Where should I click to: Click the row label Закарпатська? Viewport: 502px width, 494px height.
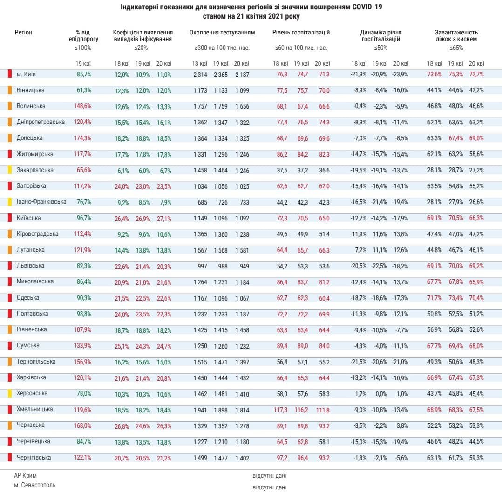[35, 170]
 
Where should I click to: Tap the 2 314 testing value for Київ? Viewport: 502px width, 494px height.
[200, 75]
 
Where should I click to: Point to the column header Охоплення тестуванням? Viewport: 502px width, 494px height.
[222, 33]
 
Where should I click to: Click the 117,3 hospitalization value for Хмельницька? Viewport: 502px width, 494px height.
[280, 410]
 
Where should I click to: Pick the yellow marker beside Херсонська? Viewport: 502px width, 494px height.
[9, 393]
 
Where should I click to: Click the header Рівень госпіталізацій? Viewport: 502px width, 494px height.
[301, 33]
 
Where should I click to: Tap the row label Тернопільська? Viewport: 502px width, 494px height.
[36, 362]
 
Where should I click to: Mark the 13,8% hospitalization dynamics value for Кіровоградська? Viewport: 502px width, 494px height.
[401, 234]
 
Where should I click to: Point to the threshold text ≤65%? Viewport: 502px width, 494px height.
[456, 48]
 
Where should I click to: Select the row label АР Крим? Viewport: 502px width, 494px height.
[25, 476]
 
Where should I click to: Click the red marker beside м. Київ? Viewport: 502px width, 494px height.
[9, 74]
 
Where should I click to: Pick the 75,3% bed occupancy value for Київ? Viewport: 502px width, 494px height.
[455, 75]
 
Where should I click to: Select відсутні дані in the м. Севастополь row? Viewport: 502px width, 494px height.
[270, 487]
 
